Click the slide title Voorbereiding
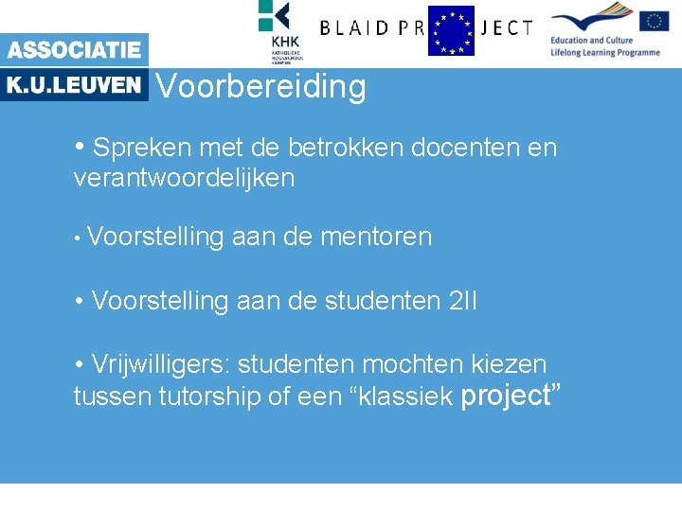(260, 87)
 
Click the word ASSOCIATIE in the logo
(74, 49)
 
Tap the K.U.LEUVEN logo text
(74, 85)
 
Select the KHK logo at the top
(280, 30)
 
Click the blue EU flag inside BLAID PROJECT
(451, 30)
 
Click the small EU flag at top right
(654, 21)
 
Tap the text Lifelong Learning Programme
(605, 53)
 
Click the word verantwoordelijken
(184, 178)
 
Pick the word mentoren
(376, 237)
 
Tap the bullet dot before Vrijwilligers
(80, 364)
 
